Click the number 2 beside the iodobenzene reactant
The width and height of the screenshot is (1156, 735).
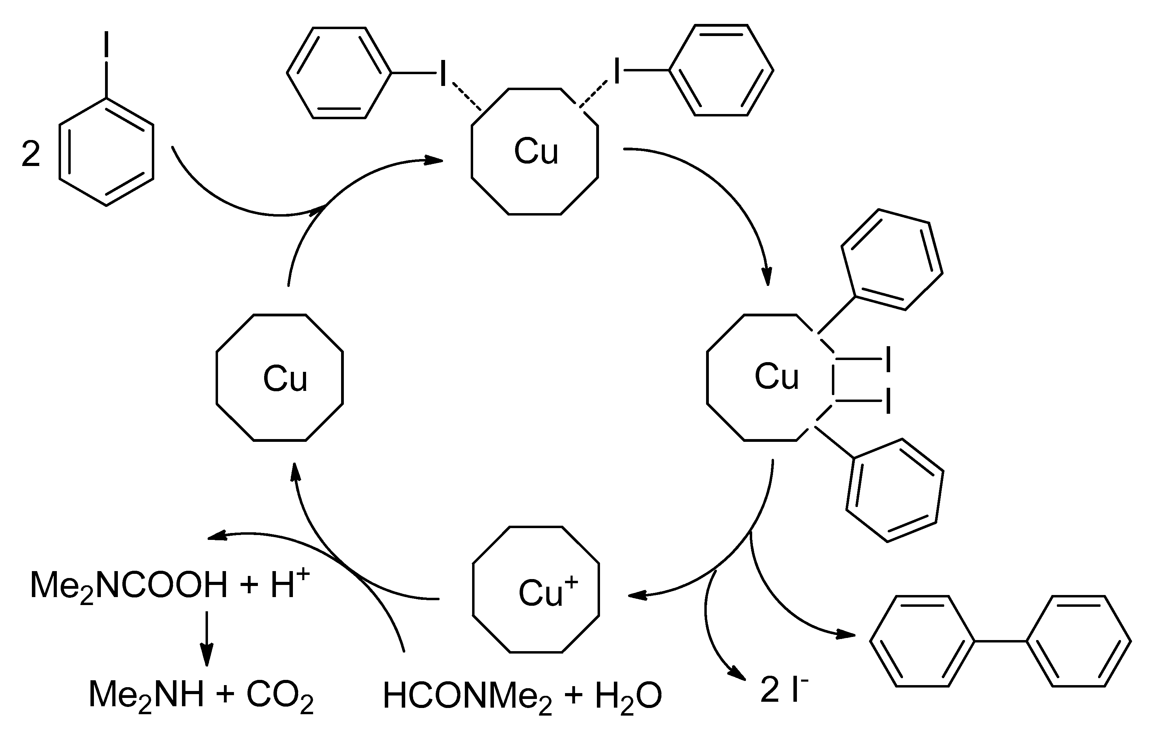[x=31, y=155]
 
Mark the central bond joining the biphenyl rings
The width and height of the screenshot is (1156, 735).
[x=1000, y=641]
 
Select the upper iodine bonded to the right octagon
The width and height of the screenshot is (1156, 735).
[x=888, y=359]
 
